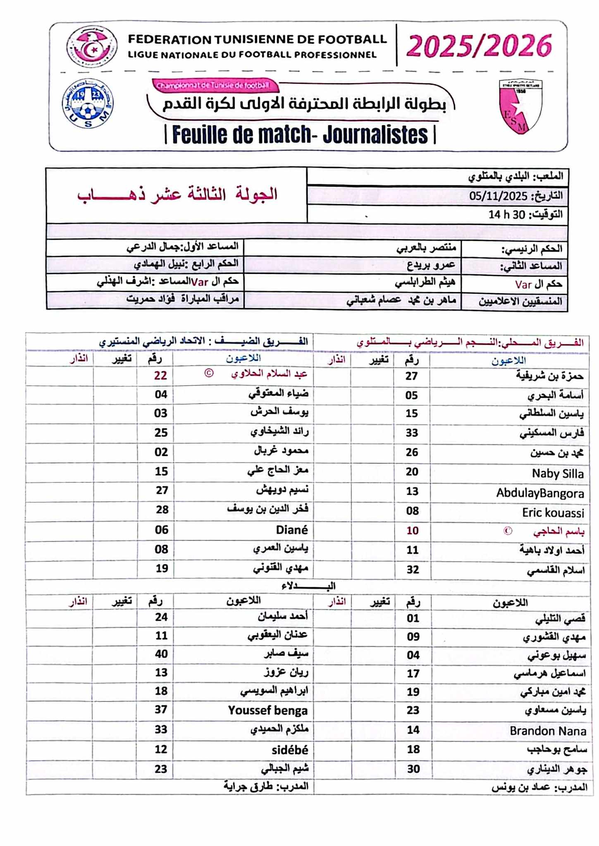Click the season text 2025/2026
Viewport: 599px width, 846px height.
tap(479, 45)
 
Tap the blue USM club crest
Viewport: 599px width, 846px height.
tap(88, 103)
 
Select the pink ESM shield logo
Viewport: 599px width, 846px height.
tap(520, 106)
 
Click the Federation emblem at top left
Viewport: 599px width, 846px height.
tap(92, 46)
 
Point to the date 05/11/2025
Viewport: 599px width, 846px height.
tap(498, 196)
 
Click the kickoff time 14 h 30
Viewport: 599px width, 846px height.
tap(506, 214)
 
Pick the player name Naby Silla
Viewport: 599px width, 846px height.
tap(558, 473)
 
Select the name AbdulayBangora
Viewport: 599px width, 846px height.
tap(540, 493)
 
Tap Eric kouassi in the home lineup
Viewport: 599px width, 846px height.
tap(553, 513)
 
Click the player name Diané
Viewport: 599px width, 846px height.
tap(292, 530)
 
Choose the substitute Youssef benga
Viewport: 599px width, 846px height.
tap(268, 711)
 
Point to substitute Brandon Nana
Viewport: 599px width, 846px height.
tap(548, 731)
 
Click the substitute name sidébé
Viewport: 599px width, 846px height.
tap(290, 750)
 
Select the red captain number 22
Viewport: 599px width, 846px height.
tap(160, 375)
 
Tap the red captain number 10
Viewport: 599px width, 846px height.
tap(412, 530)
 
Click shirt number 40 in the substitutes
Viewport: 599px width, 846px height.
tap(161, 654)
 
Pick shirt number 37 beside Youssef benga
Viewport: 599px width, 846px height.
tap(161, 710)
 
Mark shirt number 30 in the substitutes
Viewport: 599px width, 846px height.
tap(413, 769)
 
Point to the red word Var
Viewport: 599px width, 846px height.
tap(523, 284)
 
